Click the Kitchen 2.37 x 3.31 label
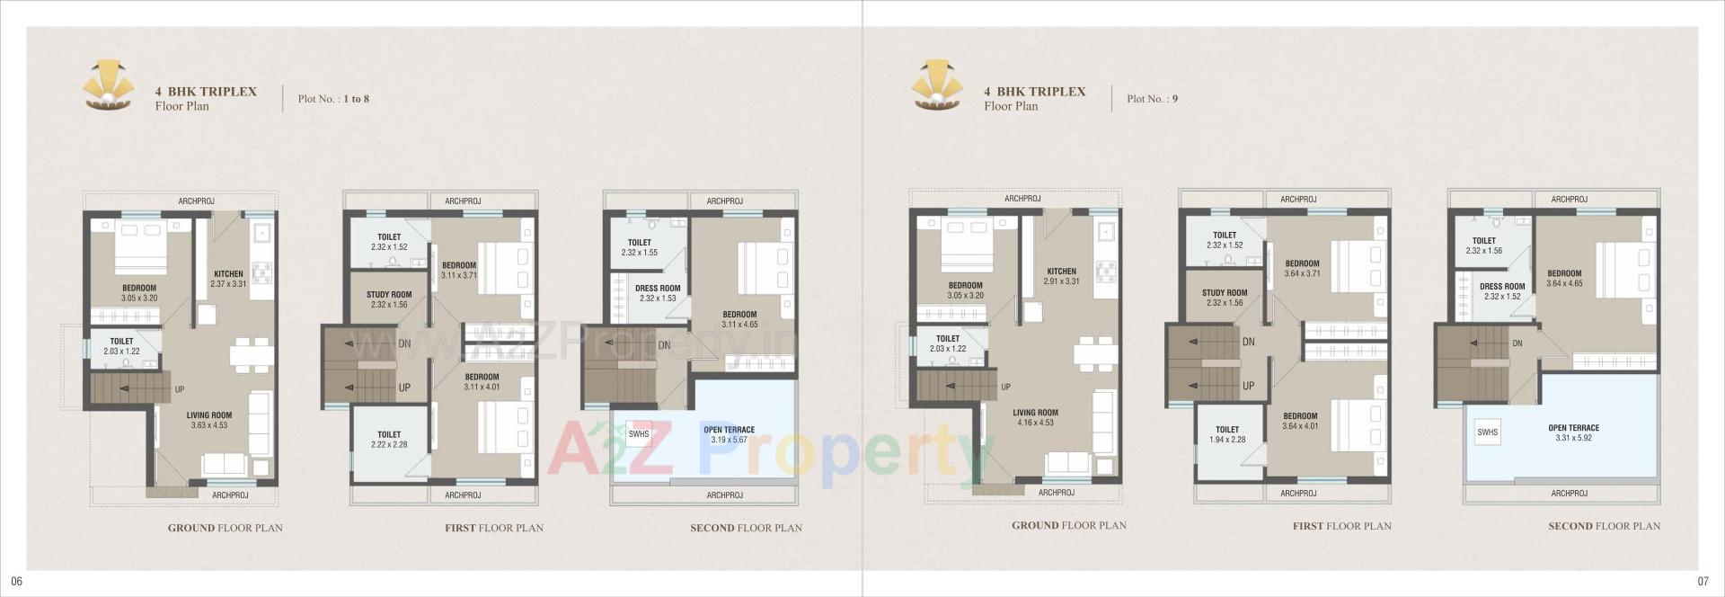(228, 279)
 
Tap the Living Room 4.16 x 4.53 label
(1035, 417)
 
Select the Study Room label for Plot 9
(1225, 298)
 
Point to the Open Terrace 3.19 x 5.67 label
(729, 434)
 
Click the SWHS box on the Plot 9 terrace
(1487, 432)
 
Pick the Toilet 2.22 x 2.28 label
(389, 440)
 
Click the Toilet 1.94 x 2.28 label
(1227, 434)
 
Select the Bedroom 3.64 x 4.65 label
(1564, 279)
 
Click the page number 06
(16, 582)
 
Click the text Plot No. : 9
(1152, 99)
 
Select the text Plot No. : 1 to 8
(333, 99)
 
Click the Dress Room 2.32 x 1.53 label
(658, 293)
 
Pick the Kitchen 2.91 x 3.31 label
(1061, 276)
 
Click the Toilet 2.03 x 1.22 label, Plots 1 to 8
(121, 346)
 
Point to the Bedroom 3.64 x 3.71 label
(1302, 269)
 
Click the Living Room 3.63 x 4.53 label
(208, 420)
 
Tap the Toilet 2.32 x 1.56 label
(1484, 245)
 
